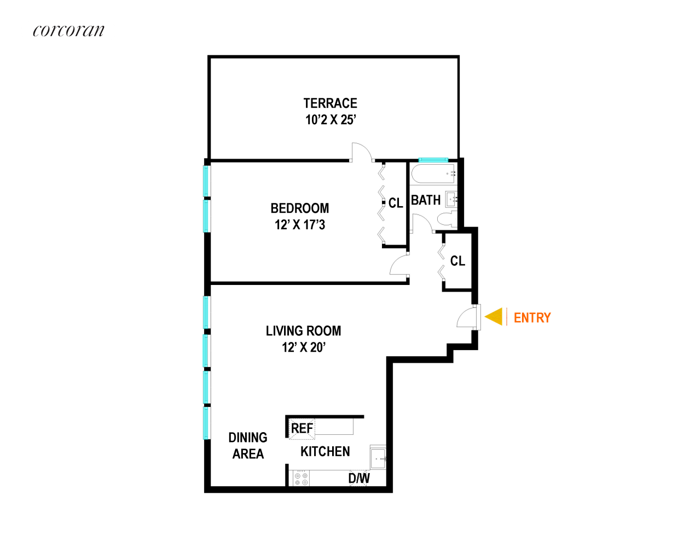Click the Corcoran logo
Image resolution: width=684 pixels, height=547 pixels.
coord(68,31)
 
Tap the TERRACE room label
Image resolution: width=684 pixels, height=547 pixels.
coord(330,103)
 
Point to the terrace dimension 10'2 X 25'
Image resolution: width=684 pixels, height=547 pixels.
coord(331,120)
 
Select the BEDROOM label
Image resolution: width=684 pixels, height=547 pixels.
coord(300,208)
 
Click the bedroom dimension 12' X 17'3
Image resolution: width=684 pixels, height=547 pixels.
coord(300,225)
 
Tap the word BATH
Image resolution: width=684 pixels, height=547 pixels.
coord(426,200)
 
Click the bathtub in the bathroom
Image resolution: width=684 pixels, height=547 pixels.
coord(433,174)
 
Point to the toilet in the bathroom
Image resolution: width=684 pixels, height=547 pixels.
coord(447,219)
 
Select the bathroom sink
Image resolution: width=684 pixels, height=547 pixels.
coord(451,199)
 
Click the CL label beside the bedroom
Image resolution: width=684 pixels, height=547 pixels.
coord(396,203)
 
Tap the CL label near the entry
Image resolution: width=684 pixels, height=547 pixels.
coord(457,261)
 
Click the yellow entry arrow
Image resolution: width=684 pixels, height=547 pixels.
coord(494,317)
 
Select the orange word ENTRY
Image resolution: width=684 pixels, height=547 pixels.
coord(532,318)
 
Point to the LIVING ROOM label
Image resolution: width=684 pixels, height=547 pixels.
coord(303,331)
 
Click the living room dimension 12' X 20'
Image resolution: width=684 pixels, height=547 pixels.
coord(304,347)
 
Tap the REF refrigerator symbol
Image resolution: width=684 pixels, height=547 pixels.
coord(302,428)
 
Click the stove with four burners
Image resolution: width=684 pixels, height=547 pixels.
coord(301,479)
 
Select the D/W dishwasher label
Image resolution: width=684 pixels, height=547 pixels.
coord(359,478)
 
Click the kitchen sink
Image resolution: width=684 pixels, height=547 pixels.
coord(378,458)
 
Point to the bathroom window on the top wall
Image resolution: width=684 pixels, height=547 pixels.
coord(433,160)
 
